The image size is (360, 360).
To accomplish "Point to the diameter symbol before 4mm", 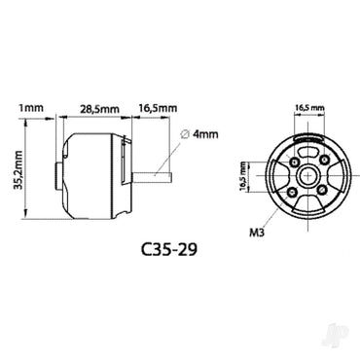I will pos(186,132).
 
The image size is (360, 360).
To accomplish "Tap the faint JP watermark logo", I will pos(336,341).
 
